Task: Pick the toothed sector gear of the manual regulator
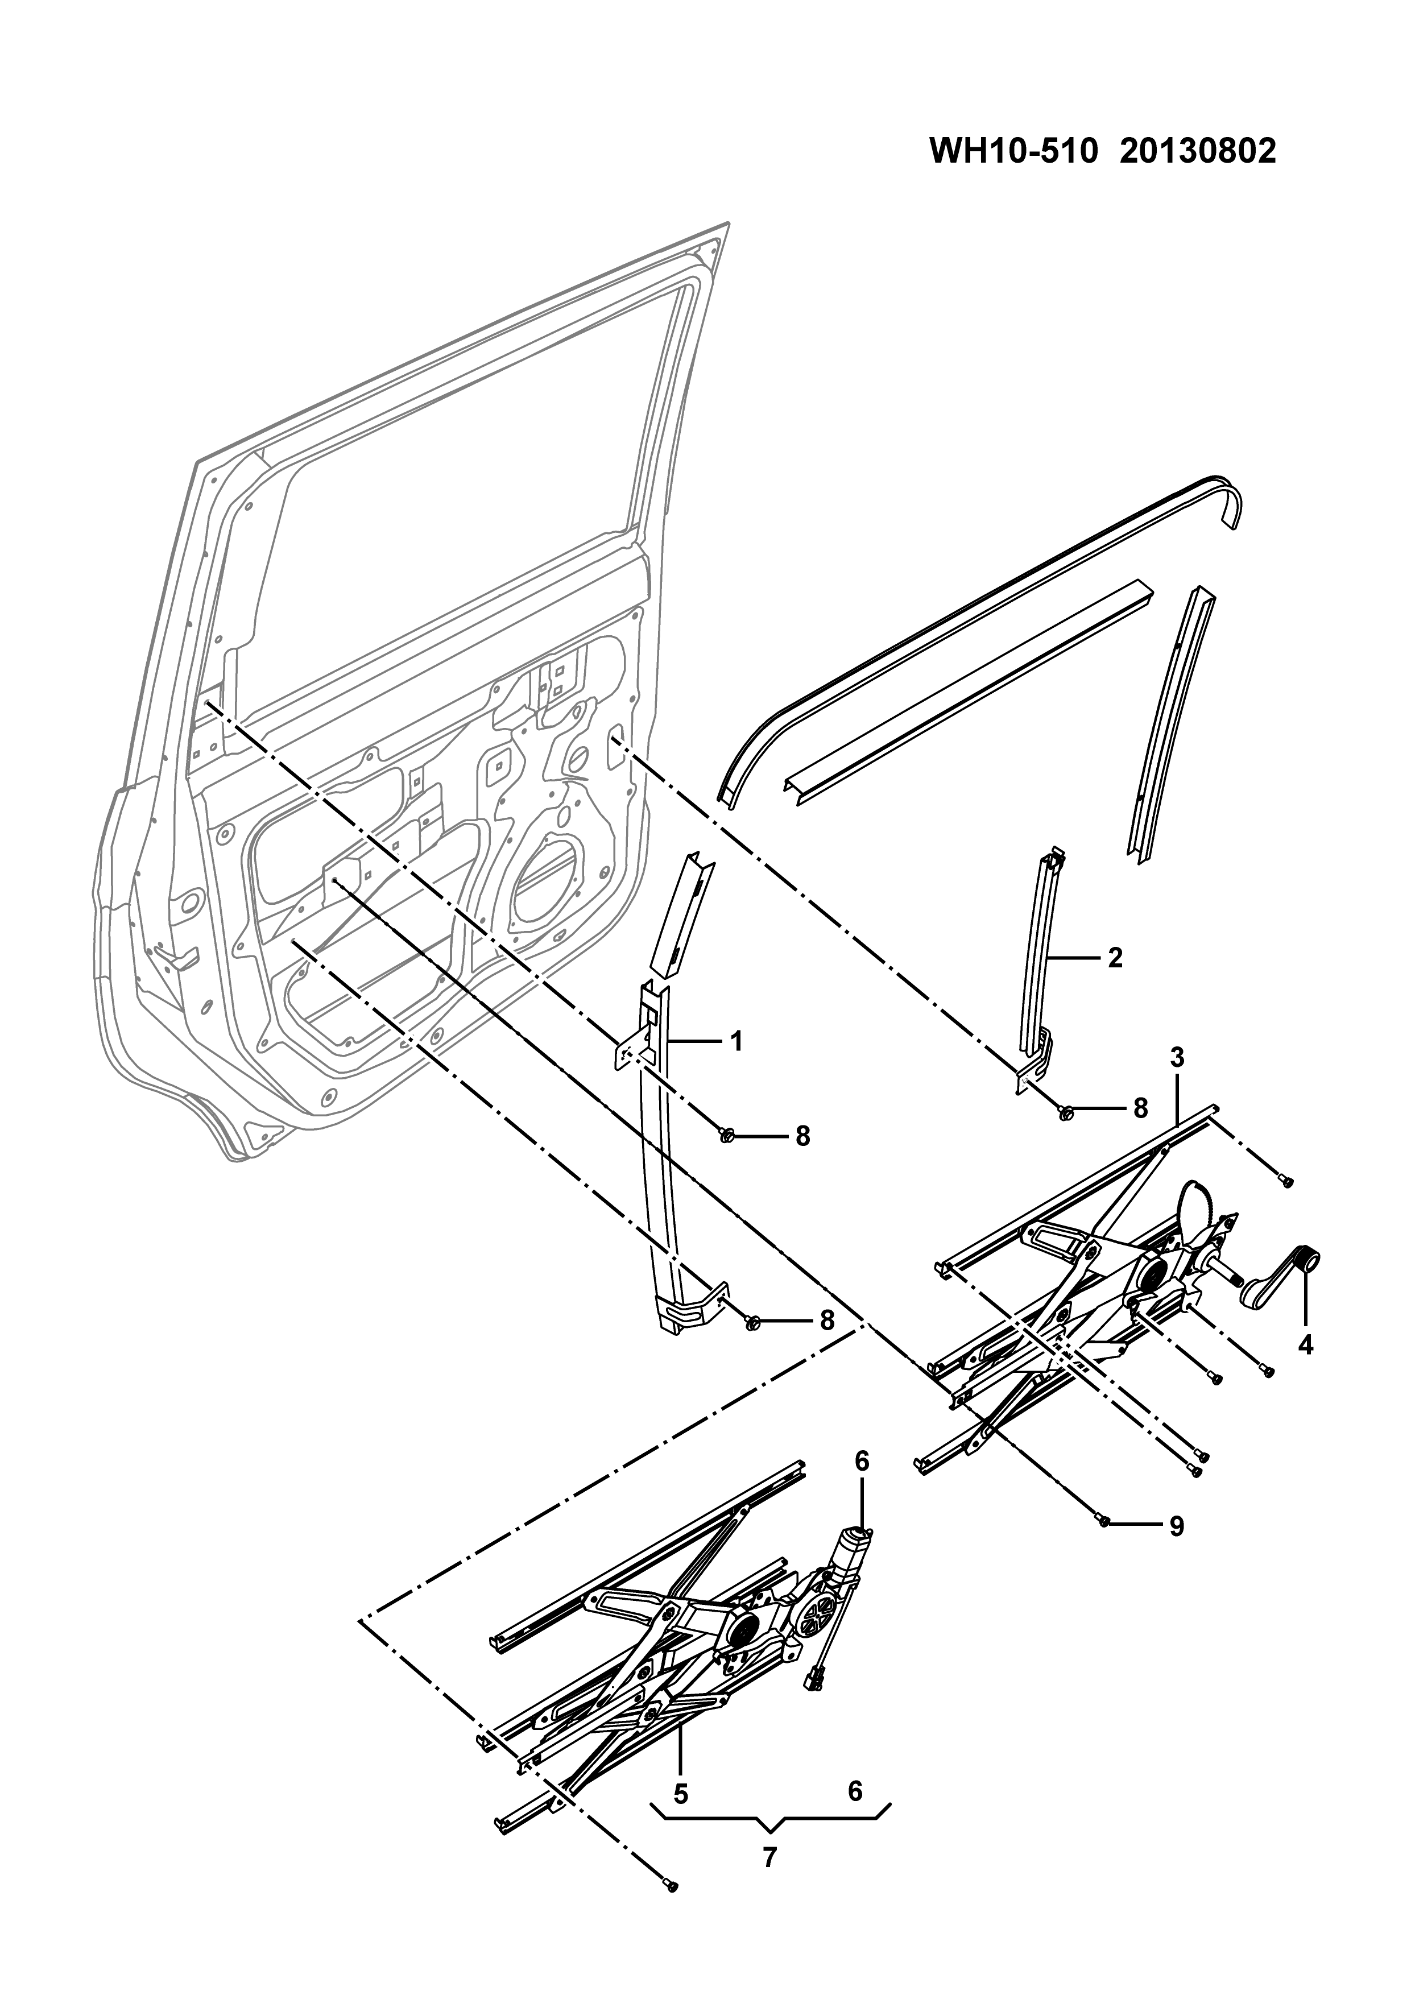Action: (1198, 1211)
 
